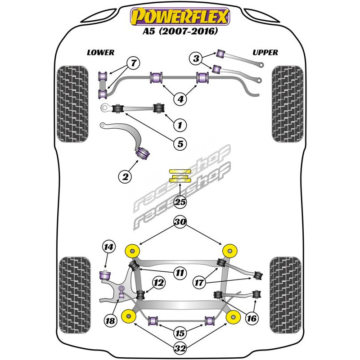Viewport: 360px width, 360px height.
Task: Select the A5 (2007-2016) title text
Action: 180,32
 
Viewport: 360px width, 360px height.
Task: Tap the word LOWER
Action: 101,53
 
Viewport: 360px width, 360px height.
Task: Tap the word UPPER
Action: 265,53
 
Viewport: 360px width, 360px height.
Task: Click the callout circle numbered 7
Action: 133,63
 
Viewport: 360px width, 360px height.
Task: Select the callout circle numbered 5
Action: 180,144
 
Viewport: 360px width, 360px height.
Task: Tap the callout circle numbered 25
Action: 180,202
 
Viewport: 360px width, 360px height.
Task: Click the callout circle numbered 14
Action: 108,247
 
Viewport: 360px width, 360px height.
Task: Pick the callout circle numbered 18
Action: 110,320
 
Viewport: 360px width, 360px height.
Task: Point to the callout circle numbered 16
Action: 252,318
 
